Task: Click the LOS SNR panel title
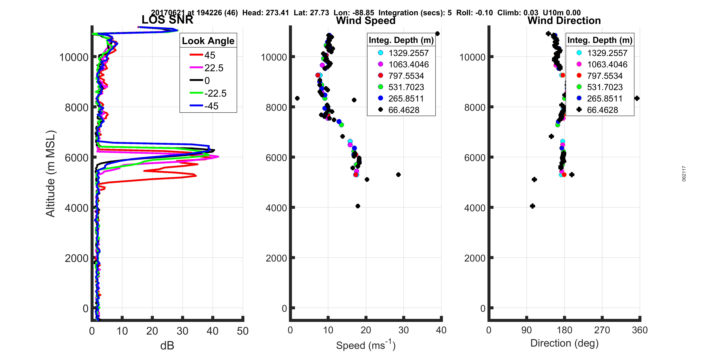[x=167, y=20]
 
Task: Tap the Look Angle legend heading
[x=208, y=41]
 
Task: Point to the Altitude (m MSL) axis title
[x=51, y=174]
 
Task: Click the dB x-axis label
[x=167, y=345]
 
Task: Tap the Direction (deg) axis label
[x=564, y=343]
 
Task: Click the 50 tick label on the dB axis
[x=243, y=331]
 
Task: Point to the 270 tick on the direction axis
[x=602, y=330]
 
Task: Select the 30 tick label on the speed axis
[x=403, y=330]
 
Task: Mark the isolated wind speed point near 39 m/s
[x=437, y=34]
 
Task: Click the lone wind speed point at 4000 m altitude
[x=358, y=206]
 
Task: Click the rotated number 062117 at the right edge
[x=684, y=174]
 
